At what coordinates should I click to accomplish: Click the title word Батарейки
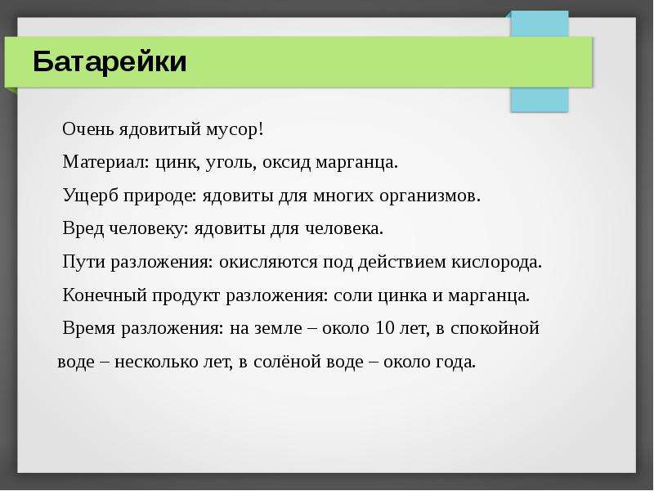click(x=110, y=62)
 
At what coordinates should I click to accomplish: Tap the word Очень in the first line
click(x=88, y=129)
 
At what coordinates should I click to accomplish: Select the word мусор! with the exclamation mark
click(x=235, y=130)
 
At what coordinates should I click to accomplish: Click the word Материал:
click(x=106, y=162)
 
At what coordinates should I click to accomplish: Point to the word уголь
click(x=229, y=163)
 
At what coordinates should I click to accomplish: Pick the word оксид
click(x=286, y=162)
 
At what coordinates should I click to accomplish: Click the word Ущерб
click(x=90, y=196)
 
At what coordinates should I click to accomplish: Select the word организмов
click(x=430, y=196)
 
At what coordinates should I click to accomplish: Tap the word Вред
click(x=83, y=228)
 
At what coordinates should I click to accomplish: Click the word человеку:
click(x=149, y=229)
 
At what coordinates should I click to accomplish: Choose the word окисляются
click(x=268, y=262)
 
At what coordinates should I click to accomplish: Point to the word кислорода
click(x=496, y=263)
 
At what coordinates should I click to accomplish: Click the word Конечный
click(x=105, y=295)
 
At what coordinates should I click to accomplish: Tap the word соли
click(x=353, y=295)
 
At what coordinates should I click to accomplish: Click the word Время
click(x=89, y=328)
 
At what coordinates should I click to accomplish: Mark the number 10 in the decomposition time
click(x=384, y=328)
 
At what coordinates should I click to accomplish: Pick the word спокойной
click(x=495, y=329)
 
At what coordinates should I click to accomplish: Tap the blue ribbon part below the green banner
click(x=540, y=99)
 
